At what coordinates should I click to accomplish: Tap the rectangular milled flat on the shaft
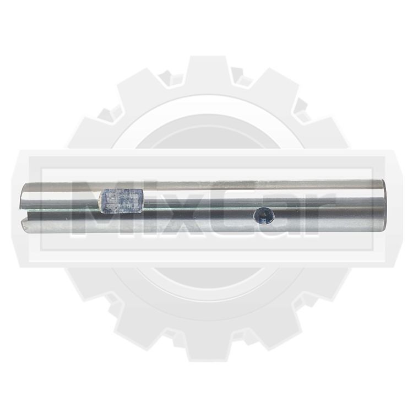click(x=121, y=200)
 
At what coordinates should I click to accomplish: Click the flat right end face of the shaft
click(x=383, y=205)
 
